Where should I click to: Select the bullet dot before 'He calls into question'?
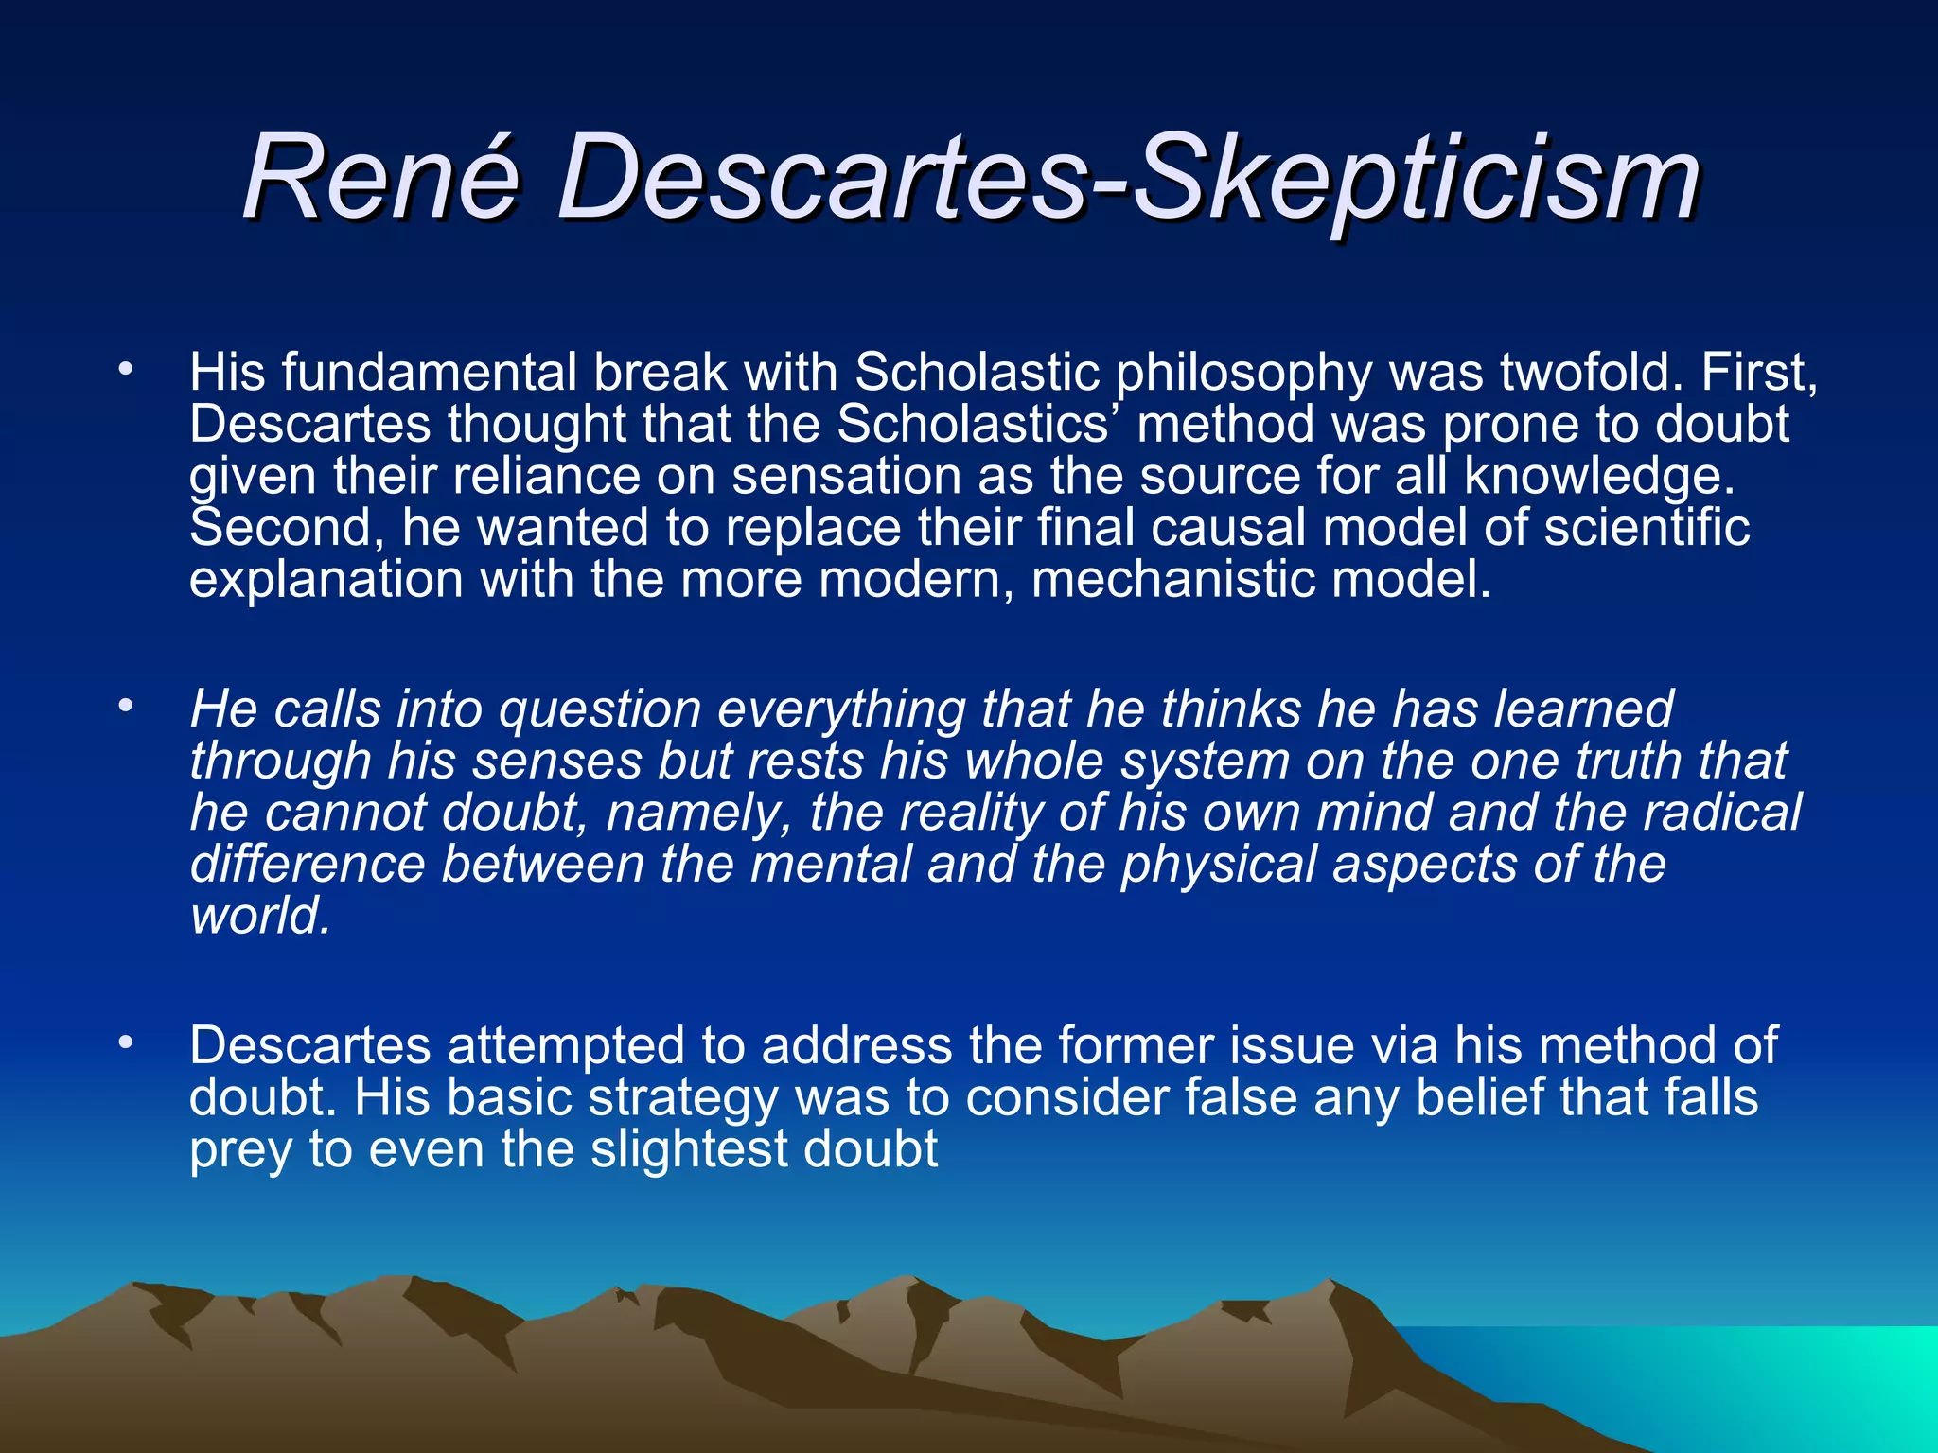pos(125,705)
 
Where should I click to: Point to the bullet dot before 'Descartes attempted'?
pos(125,1042)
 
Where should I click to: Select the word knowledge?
pos(1599,477)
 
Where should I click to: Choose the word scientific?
pos(1647,527)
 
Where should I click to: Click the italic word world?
pos(260,916)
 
